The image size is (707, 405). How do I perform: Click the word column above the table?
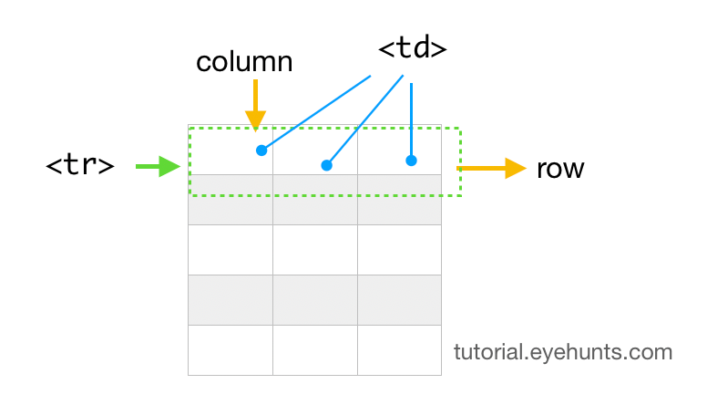tap(244, 62)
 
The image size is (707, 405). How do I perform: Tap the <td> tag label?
tap(412, 48)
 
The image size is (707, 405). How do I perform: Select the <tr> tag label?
tap(80, 166)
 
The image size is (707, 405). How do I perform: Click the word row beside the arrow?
tap(559, 169)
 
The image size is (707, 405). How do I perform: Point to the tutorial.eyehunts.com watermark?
tap(563, 352)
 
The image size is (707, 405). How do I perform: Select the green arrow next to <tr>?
tap(157, 166)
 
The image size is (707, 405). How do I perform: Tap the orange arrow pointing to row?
tap(492, 169)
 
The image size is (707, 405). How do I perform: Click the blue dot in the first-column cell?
tap(261, 151)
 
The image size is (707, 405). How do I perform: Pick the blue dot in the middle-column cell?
tap(326, 165)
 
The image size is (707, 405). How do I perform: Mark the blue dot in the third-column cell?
tap(411, 161)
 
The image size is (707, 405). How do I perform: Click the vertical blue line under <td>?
tap(412, 119)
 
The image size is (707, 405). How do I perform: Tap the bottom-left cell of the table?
tap(231, 349)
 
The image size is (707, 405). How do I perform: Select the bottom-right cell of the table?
tap(399, 349)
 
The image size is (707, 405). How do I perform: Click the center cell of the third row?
tap(315, 249)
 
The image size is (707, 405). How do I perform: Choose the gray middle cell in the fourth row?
tap(315, 299)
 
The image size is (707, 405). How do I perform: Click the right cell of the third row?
tap(399, 249)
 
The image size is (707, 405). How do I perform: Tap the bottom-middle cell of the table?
tap(315, 349)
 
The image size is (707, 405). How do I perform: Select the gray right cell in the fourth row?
tap(399, 299)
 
